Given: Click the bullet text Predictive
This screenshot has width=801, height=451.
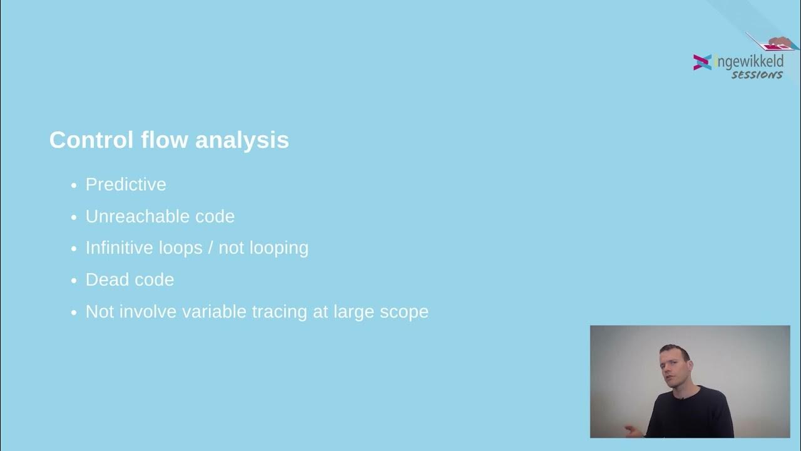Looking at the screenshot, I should point(126,185).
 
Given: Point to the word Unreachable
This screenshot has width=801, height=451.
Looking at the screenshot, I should point(129,217).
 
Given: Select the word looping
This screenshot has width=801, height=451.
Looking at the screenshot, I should point(279,249).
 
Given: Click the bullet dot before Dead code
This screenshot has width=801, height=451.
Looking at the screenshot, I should point(73,281).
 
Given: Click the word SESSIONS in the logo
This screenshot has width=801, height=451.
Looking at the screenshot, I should point(757,75).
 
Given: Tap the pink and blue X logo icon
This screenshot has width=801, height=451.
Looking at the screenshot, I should point(702,62).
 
